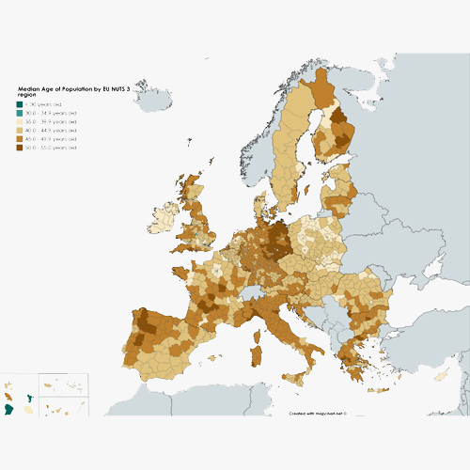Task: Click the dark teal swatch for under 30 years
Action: (21, 103)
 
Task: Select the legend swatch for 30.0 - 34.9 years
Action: (21, 113)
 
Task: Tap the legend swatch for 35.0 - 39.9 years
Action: (21, 121)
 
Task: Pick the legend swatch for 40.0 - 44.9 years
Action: (21, 130)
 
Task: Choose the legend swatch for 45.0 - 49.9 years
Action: (21, 139)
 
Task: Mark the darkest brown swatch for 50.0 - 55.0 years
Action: (21, 148)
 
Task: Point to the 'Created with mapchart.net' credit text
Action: (318, 412)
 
